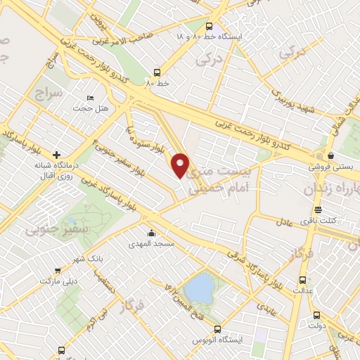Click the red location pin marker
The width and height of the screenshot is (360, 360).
(x=181, y=166)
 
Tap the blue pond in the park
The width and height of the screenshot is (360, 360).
(x=199, y=288)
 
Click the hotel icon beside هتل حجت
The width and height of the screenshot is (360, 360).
(x=89, y=98)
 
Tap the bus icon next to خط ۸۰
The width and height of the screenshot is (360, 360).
(x=155, y=72)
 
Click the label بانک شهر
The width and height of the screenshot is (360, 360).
(x=91, y=258)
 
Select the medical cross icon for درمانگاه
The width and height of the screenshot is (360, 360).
(x=57, y=153)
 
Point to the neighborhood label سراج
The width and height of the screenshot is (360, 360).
(x=49, y=92)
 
